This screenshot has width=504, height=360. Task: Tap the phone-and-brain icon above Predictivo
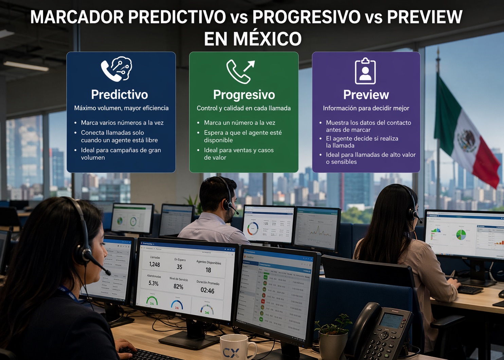pyautogui.click(x=116, y=69)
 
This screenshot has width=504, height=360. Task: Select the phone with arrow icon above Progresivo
pyautogui.click(x=240, y=71)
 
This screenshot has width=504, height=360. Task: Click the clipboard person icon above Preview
pyautogui.click(x=365, y=71)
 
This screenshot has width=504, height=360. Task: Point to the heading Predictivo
pyautogui.click(x=120, y=94)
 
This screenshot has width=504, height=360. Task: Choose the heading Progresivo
pyautogui.click(x=244, y=95)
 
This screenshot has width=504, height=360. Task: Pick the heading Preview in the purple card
pyautogui.click(x=366, y=95)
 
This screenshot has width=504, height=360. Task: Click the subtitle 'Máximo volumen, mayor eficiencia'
pyautogui.click(x=121, y=108)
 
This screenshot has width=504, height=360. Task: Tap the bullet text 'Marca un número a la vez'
pyautogui.click(x=239, y=123)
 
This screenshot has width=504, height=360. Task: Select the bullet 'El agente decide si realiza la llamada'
pyautogui.click(x=362, y=142)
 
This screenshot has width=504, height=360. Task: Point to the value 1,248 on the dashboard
pyautogui.click(x=155, y=264)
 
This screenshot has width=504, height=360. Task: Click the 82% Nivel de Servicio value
pyautogui.click(x=178, y=287)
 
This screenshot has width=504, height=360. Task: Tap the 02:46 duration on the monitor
pyautogui.click(x=207, y=291)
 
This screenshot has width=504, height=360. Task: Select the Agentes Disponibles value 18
pyautogui.click(x=208, y=270)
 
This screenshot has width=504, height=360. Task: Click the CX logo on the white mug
pyautogui.click(x=231, y=353)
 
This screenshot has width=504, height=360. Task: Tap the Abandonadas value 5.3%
pyautogui.click(x=153, y=283)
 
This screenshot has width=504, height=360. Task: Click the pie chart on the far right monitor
pyautogui.click(x=461, y=234)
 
